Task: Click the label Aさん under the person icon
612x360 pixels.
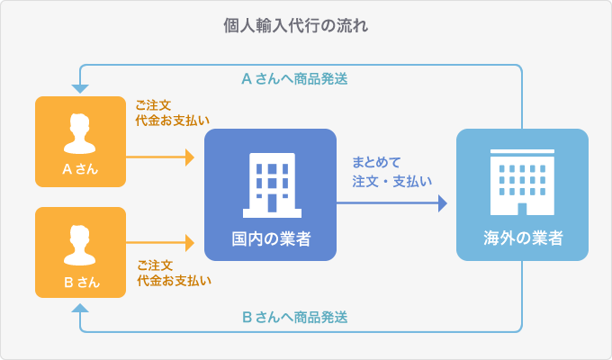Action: tap(80, 169)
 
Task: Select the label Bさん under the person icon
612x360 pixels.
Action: tap(80, 281)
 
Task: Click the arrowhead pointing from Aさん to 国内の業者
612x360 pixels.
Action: tap(189, 157)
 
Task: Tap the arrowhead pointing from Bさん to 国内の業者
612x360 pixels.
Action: tap(189, 242)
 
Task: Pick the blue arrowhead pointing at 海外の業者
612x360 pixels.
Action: tap(442, 203)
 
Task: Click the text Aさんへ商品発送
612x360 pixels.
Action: tap(295, 78)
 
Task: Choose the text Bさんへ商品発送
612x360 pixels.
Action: tap(295, 317)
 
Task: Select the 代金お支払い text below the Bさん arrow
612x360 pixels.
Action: tap(175, 281)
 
